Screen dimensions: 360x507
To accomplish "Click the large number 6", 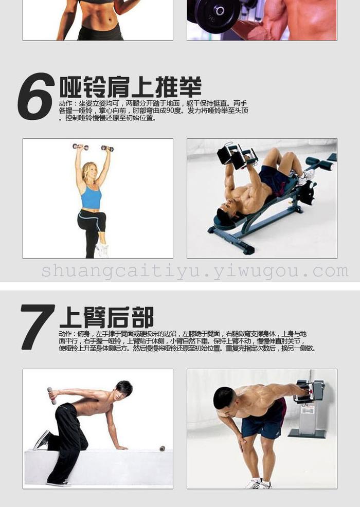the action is pyautogui.click(x=36, y=96).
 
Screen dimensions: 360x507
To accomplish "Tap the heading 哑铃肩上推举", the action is pyautogui.click(x=130, y=87).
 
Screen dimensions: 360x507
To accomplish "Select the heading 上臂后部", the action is pyautogui.click(x=106, y=317).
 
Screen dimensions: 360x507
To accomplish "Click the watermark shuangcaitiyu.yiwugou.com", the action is pyautogui.click(x=195, y=271).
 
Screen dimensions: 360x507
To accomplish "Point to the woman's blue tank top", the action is pyautogui.click(x=91, y=197).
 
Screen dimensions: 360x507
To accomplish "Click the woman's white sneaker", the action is pyautogui.click(x=102, y=250).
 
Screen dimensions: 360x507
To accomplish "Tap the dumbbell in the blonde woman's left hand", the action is pyautogui.click(x=107, y=148).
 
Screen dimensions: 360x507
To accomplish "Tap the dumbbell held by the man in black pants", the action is pyautogui.click(x=51, y=395).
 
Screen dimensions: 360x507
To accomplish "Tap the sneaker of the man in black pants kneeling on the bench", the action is pyautogui.click(x=42, y=440).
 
